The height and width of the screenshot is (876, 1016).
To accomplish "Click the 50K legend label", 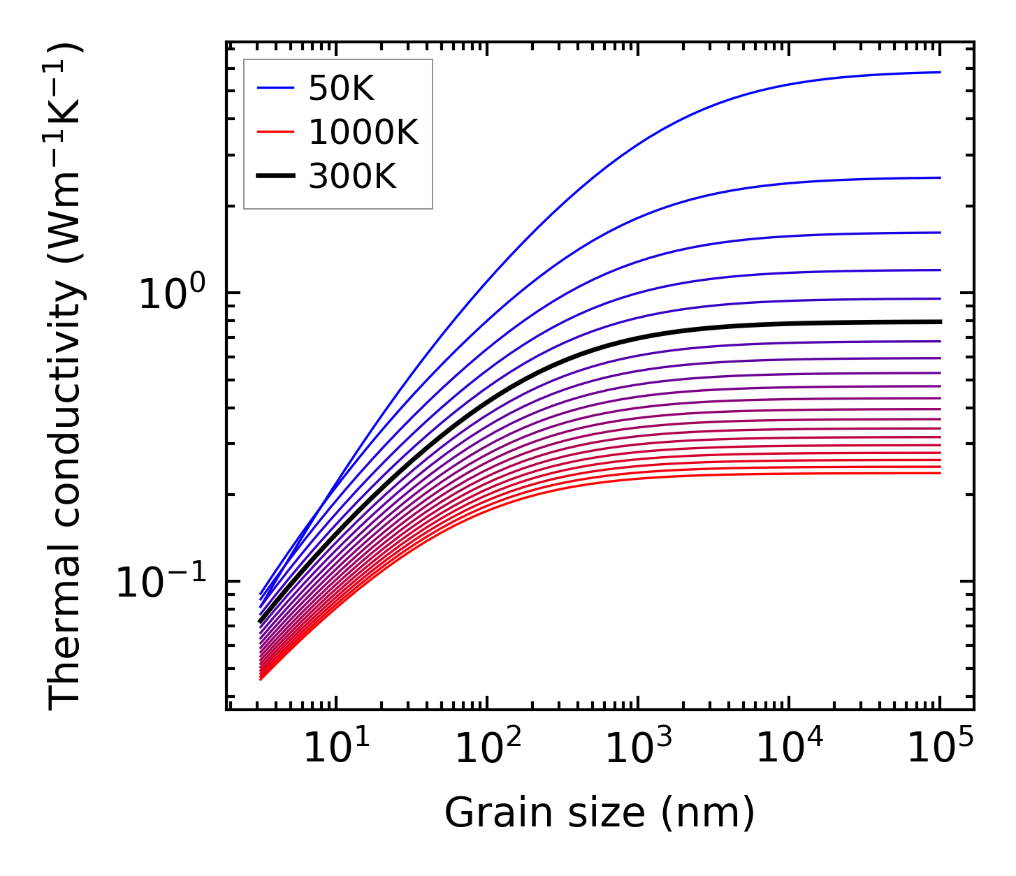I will pos(341,89).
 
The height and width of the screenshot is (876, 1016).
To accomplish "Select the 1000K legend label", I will pos(363,132).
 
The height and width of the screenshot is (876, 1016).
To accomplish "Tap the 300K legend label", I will pos(352,177).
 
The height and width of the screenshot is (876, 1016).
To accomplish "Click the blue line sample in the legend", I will pos(276,88).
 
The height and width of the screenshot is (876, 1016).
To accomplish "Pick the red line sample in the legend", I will pos(276,132).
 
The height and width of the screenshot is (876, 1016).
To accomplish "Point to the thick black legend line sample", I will pos(276,176).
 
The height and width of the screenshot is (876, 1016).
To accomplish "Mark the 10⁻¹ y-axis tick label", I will pos(161,582).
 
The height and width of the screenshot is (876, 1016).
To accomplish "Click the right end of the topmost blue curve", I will pos(939,72).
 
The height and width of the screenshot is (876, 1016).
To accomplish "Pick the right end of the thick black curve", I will pos(939,322).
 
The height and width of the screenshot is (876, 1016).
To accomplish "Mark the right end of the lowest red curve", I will pos(939,474).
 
